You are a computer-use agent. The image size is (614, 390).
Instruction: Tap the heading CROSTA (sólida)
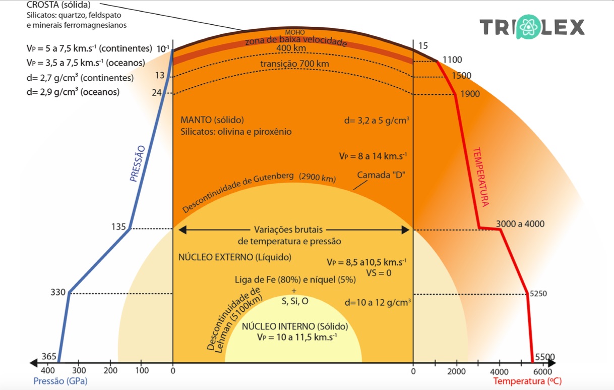coord(59,5)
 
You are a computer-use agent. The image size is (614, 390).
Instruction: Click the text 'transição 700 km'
coord(294,64)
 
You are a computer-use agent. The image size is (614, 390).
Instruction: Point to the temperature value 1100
coord(452,60)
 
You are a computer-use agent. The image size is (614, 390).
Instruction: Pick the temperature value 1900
coord(469,94)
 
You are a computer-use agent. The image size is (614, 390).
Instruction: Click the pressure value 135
coord(118,227)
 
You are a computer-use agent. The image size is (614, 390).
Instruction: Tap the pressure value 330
coord(58,292)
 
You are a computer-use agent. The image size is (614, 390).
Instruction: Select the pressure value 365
coord(48,357)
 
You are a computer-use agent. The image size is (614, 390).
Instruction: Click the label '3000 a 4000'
coord(520,224)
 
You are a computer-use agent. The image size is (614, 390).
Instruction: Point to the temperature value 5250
coord(539,293)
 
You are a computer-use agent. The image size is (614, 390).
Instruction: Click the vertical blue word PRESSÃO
coord(137,163)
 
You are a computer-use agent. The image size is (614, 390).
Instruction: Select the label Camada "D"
coord(381,175)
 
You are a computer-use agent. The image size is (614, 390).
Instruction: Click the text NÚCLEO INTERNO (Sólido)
coord(295,326)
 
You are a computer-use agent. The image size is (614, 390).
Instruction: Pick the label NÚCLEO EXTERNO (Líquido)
coord(235,257)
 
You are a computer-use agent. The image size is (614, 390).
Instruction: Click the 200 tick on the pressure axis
coord(110,371)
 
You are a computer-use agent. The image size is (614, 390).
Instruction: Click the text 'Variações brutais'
coord(289,230)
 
